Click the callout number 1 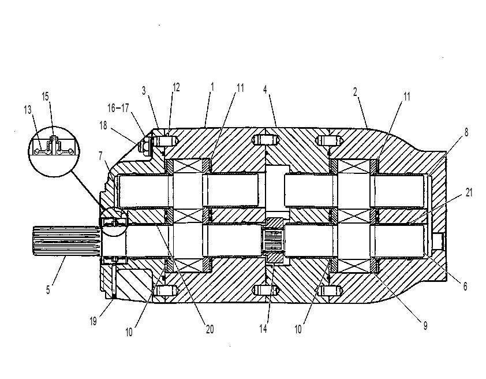coord(212,87)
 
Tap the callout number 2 coord(355,91)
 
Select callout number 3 coord(144,91)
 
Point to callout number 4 coord(265,90)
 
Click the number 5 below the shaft coord(48,289)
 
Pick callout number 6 coord(465,287)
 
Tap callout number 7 coord(100,156)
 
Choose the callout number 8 coord(466,132)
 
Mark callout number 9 coord(425,325)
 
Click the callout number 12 coord(176,87)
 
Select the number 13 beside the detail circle coord(28,109)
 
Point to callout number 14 coord(263,329)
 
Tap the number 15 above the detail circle coord(45,96)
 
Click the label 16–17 coord(118,108)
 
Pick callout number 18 coord(103,125)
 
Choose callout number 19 coord(94,321)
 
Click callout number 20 coord(210,329)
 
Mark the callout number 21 coord(469,192)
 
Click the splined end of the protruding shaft coord(66,241)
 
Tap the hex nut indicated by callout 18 coord(144,145)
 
